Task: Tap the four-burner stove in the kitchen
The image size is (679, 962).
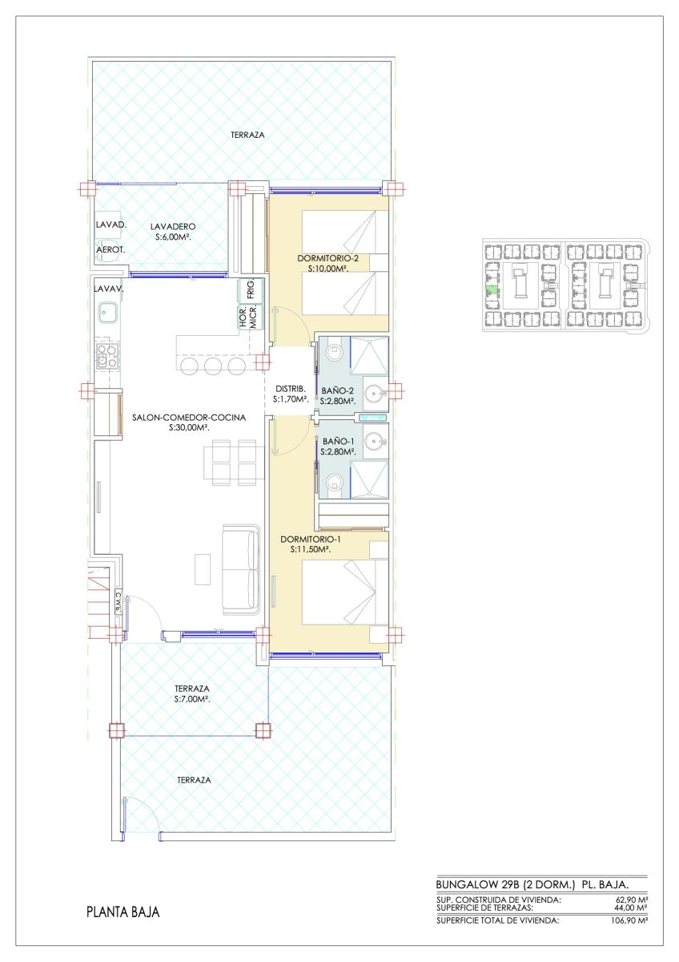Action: coord(107,358)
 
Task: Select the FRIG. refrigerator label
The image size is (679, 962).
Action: coord(251,289)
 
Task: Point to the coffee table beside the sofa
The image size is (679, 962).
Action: coord(203,569)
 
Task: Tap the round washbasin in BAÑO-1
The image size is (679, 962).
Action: coord(374,441)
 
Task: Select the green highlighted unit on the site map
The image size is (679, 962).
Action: coord(492,291)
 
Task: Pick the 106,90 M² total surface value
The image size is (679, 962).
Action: coord(628,920)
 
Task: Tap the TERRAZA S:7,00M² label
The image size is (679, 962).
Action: coord(192,693)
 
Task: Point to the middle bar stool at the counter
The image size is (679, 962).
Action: coord(212,366)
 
